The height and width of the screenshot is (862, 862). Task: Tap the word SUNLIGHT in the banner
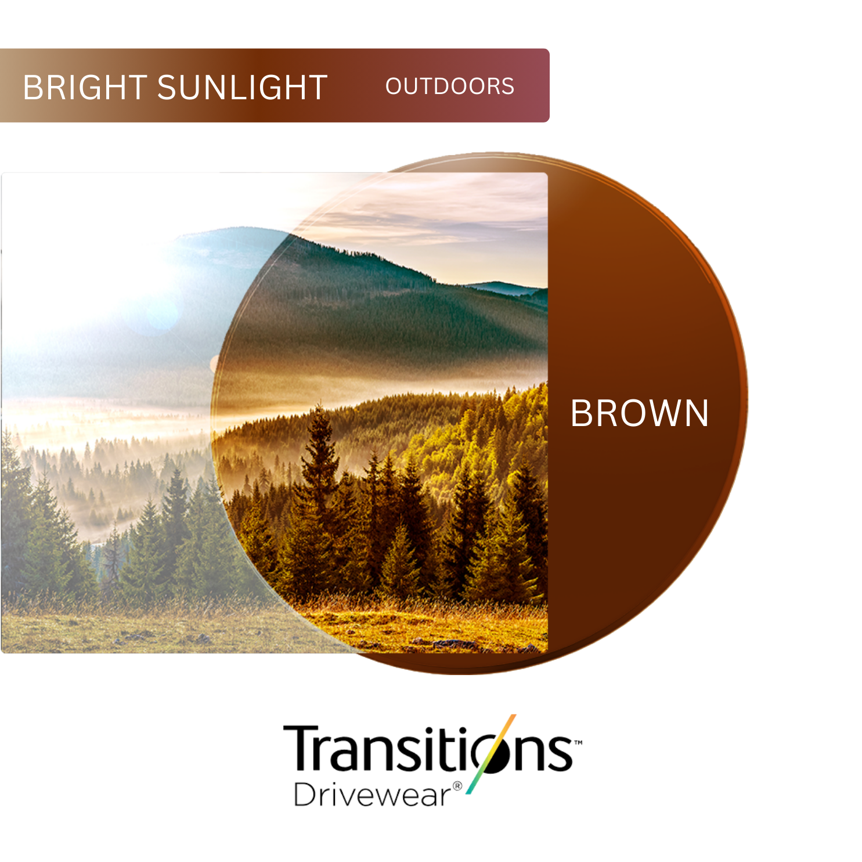pos(243,88)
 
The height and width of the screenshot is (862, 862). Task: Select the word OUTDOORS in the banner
pos(450,86)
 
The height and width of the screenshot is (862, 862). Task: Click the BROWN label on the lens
pos(640,413)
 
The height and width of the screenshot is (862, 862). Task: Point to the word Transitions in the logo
pos(428,749)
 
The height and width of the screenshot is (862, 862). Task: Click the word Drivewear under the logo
pos(372,795)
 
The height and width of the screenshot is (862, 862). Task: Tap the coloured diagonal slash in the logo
pos(490,754)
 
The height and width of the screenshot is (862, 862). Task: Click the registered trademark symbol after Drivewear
pos(457,787)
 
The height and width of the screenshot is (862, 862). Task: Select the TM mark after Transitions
pos(578,742)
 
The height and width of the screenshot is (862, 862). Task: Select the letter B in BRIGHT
pos(32,88)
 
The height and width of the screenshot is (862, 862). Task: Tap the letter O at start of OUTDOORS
pos(395,86)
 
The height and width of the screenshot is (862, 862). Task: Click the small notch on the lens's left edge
pos(214,364)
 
